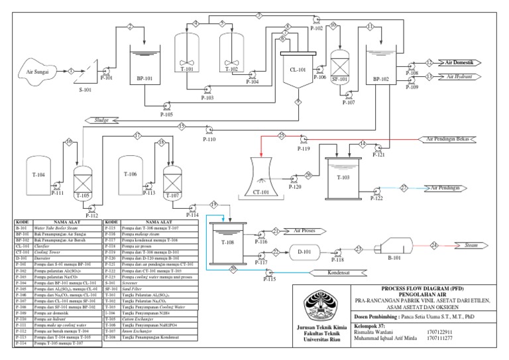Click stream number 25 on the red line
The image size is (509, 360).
pos(281,135)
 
